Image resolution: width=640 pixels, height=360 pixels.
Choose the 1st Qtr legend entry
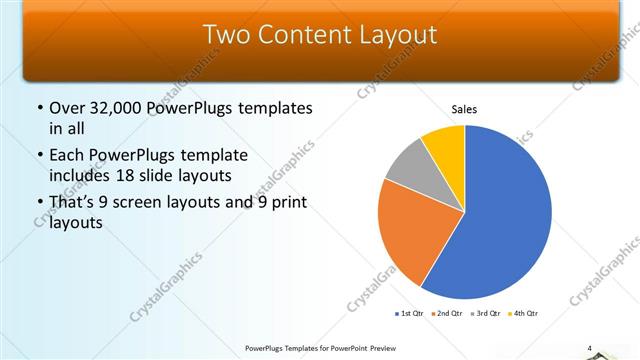(x=410, y=314)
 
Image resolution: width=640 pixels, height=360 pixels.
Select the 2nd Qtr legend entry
(x=449, y=314)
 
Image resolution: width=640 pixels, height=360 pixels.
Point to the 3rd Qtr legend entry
(x=488, y=314)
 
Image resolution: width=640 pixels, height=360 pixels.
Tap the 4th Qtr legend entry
(x=526, y=314)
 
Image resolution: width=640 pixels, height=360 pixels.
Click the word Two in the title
(x=226, y=35)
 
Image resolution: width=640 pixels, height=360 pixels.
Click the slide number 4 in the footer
(x=590, y=348)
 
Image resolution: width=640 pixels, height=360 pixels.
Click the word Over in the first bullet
(x=68, y=108)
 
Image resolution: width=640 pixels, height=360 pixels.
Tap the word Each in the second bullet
(x=68, y=155)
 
